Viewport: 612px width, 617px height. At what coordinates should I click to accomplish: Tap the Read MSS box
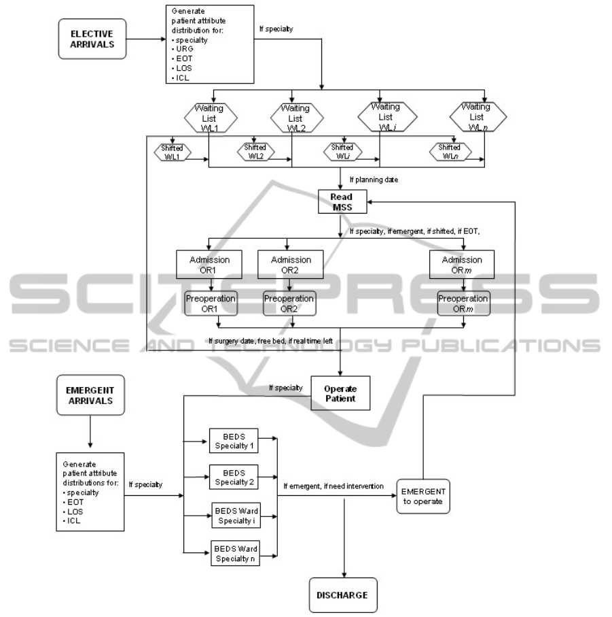[343, 202]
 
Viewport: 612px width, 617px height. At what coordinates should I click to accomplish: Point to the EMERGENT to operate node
[425, 495]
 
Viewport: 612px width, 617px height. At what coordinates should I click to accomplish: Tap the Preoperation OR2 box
[289, 303]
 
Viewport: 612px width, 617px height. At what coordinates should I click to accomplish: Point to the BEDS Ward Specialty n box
[233, 554]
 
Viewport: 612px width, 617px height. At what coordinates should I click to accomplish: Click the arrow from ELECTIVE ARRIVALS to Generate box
[145, 38]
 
